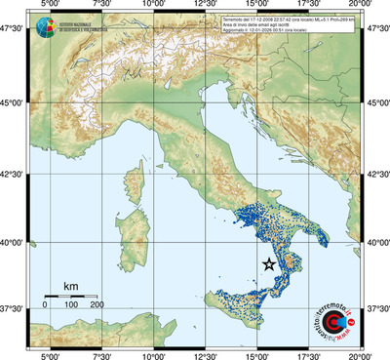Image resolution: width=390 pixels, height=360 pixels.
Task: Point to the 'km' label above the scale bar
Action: tap(70, 286)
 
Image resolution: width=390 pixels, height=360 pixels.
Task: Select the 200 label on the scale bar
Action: tap(97, 305)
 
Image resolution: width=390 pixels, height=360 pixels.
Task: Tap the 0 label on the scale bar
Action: tap(45, 305)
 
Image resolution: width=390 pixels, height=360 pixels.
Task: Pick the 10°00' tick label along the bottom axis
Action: tap(153, 354)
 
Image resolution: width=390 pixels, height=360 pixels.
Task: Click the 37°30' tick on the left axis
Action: tap(14, 308)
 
